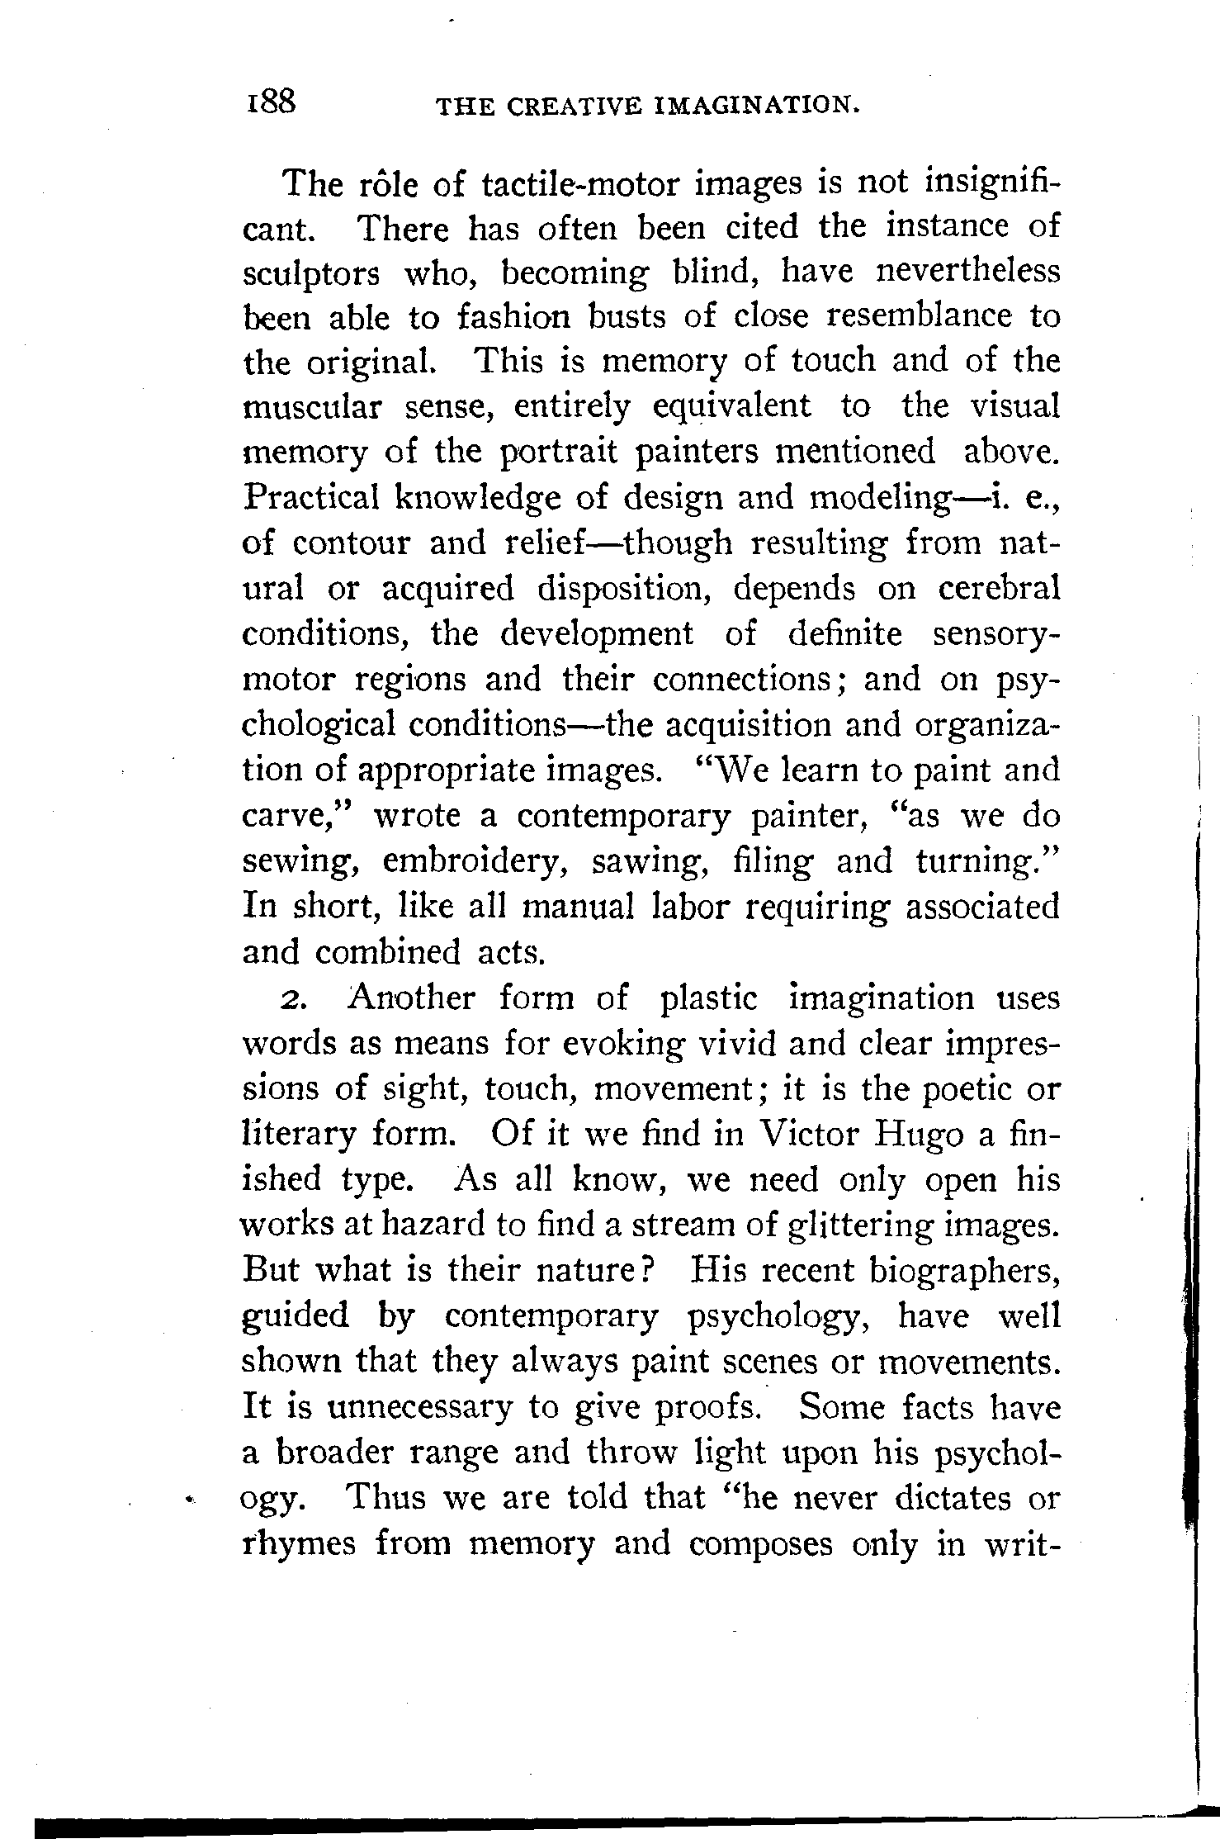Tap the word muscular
click(x=311, y=407)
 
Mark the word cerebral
click(x=999, y=589)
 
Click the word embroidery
click(x=480, y=862)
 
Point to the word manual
click(x=579, y=907)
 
